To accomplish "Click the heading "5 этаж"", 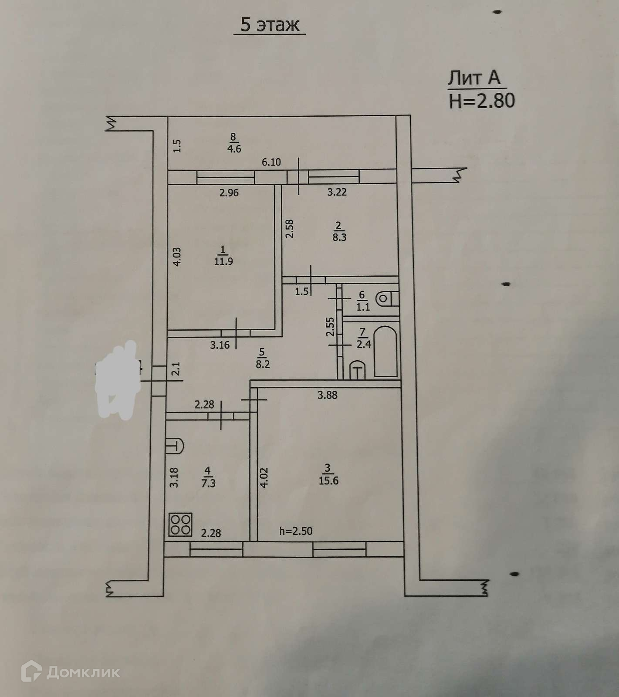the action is (x=270, y=25).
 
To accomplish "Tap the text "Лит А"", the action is (x=474, y=78).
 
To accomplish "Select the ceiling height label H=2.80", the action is (x=482, y=101).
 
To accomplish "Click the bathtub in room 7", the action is (x=386, y=351).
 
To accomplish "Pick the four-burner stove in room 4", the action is (x=180, y=524).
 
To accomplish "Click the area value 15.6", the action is (x=328, y=481).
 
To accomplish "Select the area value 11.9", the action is (x=223, y=261).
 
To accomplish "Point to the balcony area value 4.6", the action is (x=234, y=149).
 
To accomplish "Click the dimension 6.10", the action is (x=271, y=162).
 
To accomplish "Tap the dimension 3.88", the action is (x=327, y=395).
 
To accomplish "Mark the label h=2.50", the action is (x=296, y=531).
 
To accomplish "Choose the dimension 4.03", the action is (x=177, y=257).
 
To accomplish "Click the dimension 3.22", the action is (x=337, y=192).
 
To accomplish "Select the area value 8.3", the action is (x=339, y=237).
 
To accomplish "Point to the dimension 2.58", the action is (x=290, y=228).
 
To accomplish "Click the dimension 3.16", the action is (x=220, y=346).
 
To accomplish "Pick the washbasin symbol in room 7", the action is (x=358, y=370).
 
